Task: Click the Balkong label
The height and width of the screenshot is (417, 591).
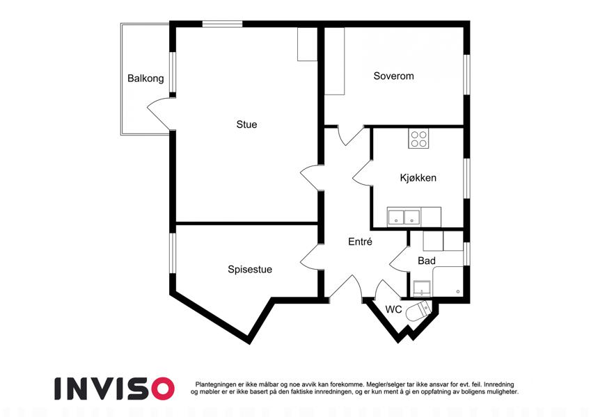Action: click(x=145, y=79)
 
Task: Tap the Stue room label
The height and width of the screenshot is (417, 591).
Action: click(x=246, y=124)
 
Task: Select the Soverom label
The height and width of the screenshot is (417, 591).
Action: click(x=393, y=76)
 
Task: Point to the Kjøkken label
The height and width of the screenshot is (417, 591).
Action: click(x=418, y=178)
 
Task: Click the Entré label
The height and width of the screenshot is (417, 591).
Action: click(x=360, y=242)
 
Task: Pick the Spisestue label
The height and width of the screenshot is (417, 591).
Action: click(x=249, y=270)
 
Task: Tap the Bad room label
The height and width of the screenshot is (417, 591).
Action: click(x=427, y=261)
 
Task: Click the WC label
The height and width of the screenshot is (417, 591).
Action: click(x=393, y=309)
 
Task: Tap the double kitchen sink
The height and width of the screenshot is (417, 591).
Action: click(x=404, y=217)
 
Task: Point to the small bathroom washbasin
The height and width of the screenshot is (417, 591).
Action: click(x=422, y=288)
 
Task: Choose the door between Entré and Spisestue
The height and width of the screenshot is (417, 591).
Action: click(x=311, y=256)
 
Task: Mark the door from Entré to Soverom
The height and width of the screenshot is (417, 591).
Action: click(x=350, y=135)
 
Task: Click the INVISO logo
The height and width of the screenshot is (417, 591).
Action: click(x=115, y=389)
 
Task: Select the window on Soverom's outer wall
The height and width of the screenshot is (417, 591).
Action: click(x=466, y=74)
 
